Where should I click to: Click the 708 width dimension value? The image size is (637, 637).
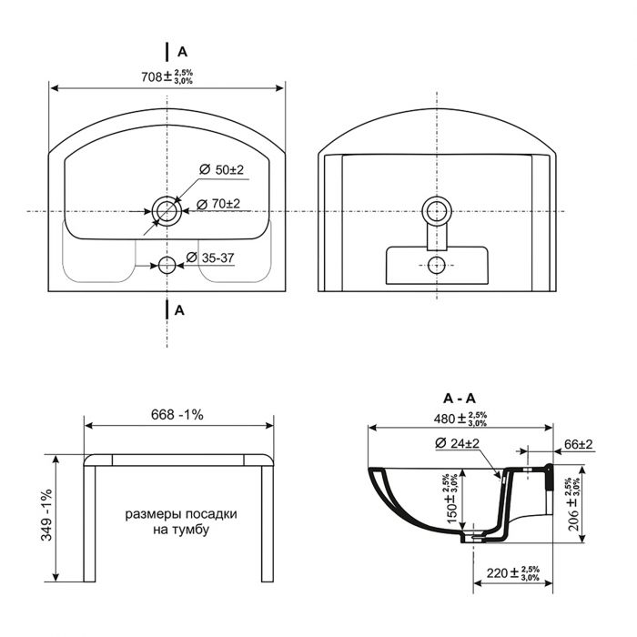[x=152, y=76]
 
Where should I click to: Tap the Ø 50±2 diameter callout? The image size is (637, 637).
[x=222, y=169]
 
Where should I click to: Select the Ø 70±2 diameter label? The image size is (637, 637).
[x=218, y=204]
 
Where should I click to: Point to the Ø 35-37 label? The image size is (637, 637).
[x=210, y=258]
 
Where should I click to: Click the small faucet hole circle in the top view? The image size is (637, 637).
[x=167, y=266]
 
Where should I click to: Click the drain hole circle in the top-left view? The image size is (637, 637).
[x=167, y=211]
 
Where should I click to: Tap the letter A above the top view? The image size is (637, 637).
[x=182, y=52]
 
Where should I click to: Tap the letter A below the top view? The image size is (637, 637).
[x=179, y=310]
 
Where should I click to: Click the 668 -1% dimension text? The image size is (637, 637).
[x=177, y=415]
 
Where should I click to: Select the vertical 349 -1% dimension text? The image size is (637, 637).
[x=46, y=514]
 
